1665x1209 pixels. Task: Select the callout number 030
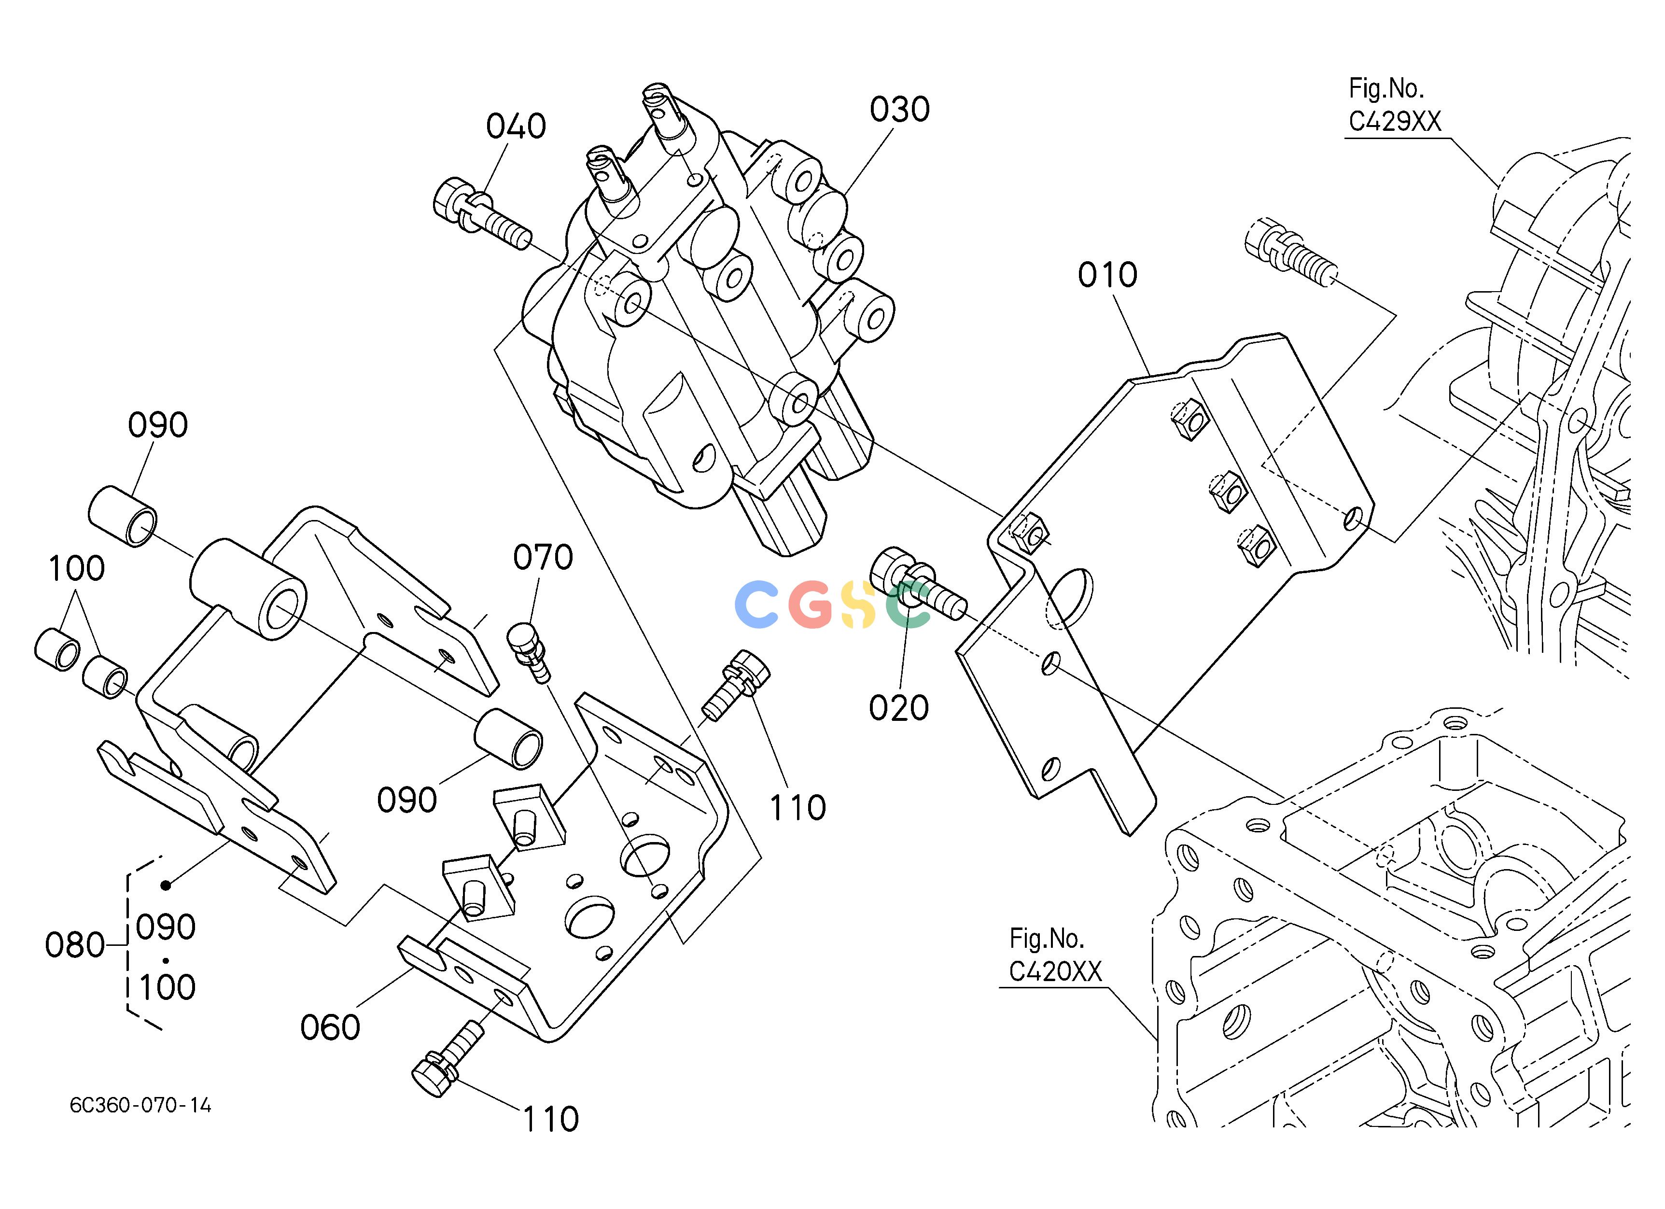[x=899, y=110]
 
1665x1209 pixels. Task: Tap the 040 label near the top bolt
[x=516, y=126]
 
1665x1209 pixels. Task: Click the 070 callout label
[x=543, y=558]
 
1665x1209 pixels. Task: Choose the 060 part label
[x=330, y=1027]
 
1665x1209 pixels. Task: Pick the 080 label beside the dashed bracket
[x=75, y=945]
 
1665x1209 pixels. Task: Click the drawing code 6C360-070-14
[x=141, y=1106]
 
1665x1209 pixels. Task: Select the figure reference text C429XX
[x=1395, y=122]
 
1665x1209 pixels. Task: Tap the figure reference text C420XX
[x=1056, y=972]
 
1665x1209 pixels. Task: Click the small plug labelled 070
[x=529, y=650]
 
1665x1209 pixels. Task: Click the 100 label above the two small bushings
[x=76, y=569]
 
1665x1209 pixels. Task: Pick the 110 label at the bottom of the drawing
[x=551, y=1120]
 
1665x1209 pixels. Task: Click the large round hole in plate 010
[x=1071, y=598]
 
